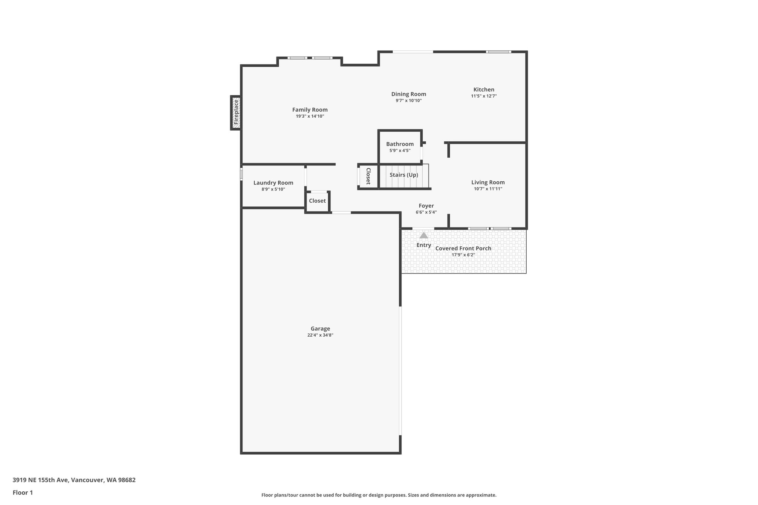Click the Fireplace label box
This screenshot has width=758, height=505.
(236, 112)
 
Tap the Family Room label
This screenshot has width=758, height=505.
(310, 110)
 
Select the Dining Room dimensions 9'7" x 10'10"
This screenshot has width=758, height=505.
(408, 101)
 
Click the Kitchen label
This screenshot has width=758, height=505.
(484, 90)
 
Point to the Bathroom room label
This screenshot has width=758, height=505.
(400, 144)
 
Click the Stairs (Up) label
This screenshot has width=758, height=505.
(404, 175)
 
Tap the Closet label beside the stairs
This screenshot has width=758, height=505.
(368, 176)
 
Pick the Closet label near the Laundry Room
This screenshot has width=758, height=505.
(317, 201)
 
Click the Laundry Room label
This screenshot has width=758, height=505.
(273, 183)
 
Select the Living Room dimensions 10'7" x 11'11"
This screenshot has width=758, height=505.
(488, 189)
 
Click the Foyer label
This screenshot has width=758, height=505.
(426, 206)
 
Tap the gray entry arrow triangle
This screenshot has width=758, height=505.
(424, 235)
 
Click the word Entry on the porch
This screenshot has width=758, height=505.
(424, 245)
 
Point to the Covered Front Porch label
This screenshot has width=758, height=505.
(463, 248)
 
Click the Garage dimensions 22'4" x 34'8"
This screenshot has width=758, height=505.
(320, 335)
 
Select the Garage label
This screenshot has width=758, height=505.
(320, 329)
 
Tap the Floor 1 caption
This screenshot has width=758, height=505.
(23, 492)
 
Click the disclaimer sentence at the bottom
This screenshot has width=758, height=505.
(379, 495)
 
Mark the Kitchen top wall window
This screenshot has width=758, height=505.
(498, 52)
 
